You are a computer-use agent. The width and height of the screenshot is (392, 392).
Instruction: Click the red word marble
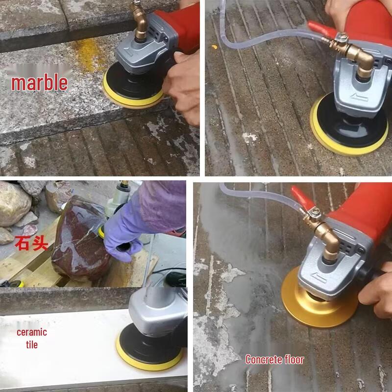(x=39, y=82)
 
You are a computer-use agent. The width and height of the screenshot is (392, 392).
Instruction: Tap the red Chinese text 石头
(x=31, y=243)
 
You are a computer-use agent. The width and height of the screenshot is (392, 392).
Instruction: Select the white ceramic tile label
(x=32, y=338)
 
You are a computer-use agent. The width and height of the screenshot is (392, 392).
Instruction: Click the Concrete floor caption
(x=274, y=360)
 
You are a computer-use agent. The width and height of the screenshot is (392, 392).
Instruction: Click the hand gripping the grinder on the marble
(x=181, y=83)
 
